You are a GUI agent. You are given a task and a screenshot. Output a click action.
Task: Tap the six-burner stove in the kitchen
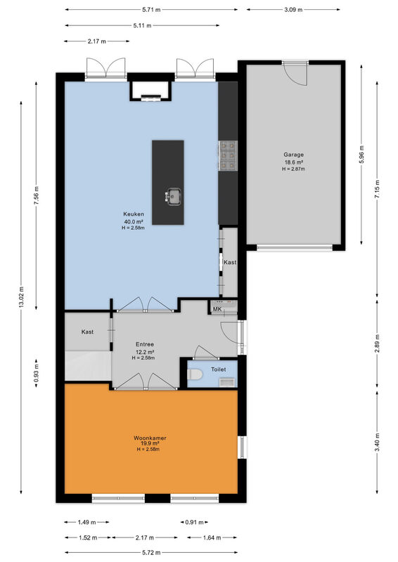[x=228, y=155]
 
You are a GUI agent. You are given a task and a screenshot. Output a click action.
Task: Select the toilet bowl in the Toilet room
[x=195, y=374]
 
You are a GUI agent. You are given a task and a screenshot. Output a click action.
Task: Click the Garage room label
[x=293, y=155]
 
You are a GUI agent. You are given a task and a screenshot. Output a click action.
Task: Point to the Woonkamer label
[x=150, y=438]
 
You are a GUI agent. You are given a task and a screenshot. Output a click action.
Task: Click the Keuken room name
[x=134, y=214]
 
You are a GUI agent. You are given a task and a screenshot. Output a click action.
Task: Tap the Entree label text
[x=145, y=344]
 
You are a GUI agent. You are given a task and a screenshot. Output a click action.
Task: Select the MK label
[x=217, y=309]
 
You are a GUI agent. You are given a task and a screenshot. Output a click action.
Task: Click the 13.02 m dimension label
[x=21, y=297]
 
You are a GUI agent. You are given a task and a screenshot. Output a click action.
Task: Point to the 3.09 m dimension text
[x=293, y=10]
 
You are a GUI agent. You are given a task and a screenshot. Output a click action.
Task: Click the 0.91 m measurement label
[x=194, y=522]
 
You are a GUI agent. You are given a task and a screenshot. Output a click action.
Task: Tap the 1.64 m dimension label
[x=212, y=537]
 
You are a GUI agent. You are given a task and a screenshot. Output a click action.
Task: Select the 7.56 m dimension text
[x=37, y=196]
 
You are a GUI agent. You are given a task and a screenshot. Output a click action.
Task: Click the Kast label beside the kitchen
[x=230, y=262]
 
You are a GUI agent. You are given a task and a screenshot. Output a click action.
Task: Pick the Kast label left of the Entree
[x=87, y=332]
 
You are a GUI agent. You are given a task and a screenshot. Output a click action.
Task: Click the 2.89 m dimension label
[x=377, y=344]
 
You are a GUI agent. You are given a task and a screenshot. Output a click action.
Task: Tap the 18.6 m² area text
[x=294, y=162]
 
